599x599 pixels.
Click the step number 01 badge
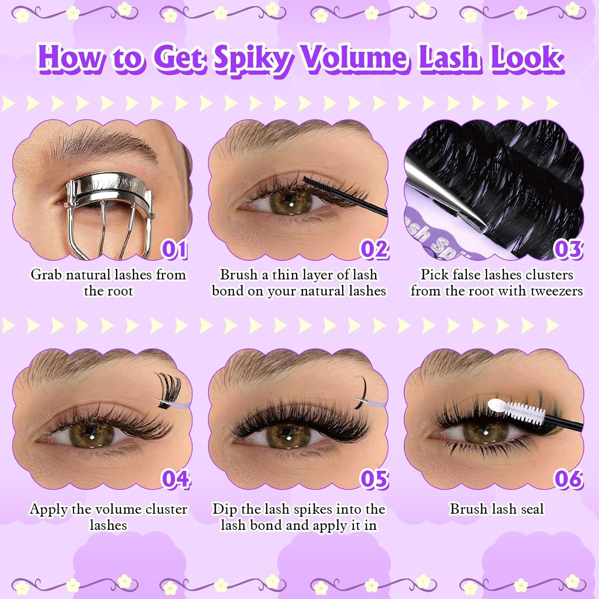[174, 249]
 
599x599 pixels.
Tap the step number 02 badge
[374, 249]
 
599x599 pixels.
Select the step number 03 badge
[568, 249]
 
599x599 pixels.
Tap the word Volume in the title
[355, 58]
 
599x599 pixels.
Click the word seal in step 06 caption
[532, 509]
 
